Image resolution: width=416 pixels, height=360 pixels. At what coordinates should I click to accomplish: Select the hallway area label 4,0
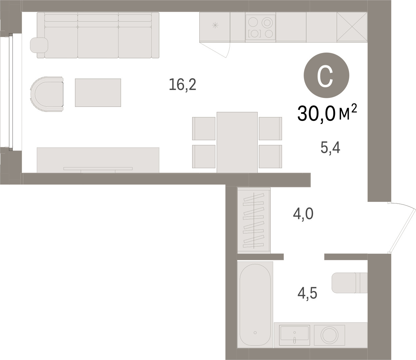point(303,214)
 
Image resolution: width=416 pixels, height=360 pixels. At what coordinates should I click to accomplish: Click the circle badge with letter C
point(326,75)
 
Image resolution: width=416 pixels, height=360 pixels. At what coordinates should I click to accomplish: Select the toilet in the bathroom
point(349,283)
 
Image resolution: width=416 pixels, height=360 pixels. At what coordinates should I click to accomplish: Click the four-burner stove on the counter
point(260,27)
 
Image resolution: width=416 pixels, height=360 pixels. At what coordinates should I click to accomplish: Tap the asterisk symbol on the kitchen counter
point(215,25)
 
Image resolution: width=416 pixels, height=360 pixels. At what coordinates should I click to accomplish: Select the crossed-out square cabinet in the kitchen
point(352,27)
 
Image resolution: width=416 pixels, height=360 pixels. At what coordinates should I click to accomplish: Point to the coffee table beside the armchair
point(98,93)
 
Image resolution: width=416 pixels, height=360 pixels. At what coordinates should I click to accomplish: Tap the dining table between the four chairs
point(237,142)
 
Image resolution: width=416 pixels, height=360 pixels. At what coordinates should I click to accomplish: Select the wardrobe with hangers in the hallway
point(254,220)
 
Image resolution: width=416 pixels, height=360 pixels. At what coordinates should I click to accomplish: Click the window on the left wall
point(11,92)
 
